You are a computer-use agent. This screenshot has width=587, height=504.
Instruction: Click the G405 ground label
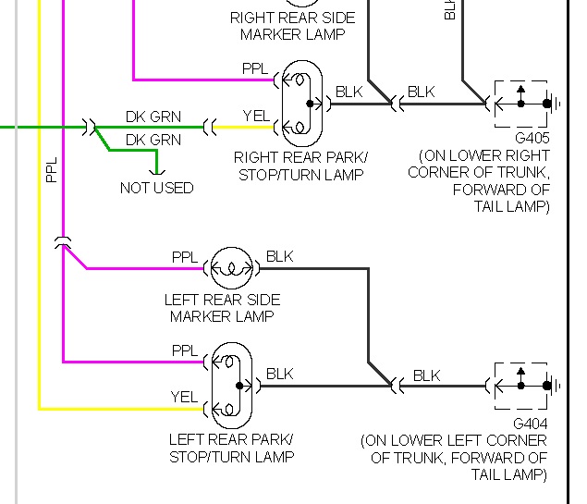532,138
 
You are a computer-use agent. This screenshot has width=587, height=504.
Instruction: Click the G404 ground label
532,423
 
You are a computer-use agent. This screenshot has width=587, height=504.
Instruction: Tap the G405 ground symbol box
522,104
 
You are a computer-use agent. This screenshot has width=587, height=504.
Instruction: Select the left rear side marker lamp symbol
232,269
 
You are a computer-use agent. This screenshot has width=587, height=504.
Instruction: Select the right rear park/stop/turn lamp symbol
303,104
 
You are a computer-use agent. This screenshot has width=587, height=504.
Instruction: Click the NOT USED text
156,188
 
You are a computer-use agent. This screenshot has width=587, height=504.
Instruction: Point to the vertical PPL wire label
52,168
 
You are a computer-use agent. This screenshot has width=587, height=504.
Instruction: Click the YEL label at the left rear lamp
184,396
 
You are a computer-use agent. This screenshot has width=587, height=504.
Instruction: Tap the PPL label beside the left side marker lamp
185,257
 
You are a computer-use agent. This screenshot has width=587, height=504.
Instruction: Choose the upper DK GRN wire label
153,117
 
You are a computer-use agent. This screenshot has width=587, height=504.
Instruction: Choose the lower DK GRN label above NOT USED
153,140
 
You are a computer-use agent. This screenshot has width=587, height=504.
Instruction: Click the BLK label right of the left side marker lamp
279,256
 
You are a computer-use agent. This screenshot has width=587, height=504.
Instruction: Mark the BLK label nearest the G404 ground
426,375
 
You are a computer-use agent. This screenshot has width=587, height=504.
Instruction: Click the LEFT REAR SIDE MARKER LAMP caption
222,308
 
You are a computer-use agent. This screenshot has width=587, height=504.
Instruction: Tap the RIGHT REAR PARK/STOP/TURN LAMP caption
300,166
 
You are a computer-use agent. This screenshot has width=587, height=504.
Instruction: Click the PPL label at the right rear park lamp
255,69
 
